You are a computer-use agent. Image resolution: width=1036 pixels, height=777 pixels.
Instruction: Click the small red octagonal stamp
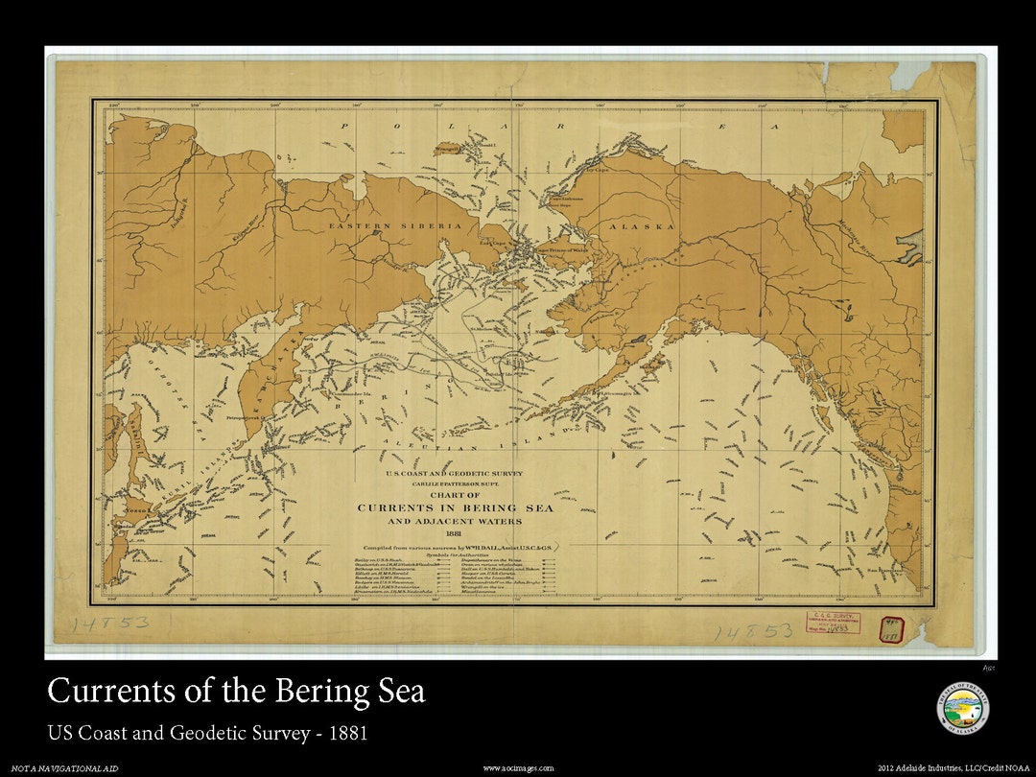tap(892, 627)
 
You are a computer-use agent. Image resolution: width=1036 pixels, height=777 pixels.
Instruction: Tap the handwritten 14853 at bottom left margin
tap(110, 624)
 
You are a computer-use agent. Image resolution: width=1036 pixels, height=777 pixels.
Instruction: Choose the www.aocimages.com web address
tap(517, 768)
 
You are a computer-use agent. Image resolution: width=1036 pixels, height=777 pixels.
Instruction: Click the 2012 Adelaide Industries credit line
tap(954, 768)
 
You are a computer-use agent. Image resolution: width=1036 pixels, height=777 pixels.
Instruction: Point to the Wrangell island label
tap(447, 149)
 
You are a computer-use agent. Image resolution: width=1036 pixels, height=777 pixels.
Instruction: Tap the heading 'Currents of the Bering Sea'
tap(236, 692)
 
